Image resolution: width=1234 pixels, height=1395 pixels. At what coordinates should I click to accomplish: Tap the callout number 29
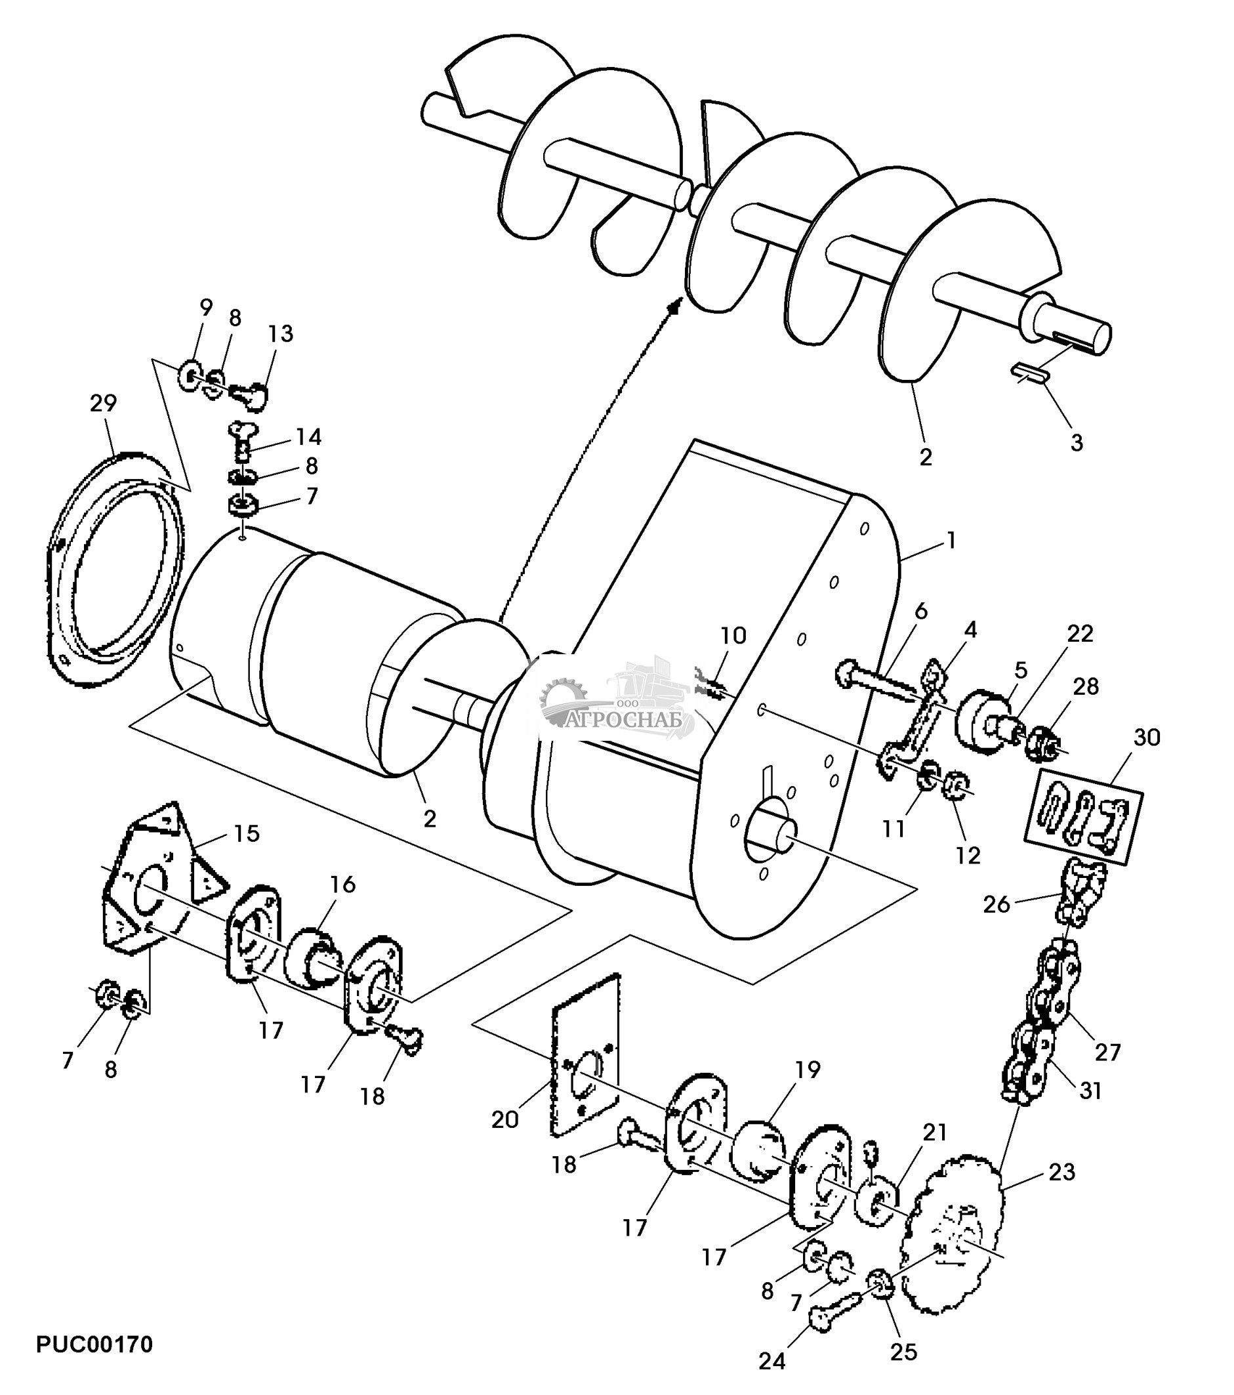tap(103, 404)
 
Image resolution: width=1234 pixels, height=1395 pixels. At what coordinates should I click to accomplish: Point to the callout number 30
tap(1147, 738)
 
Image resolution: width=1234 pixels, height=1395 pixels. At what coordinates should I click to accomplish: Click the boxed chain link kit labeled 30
tap(1083, 816)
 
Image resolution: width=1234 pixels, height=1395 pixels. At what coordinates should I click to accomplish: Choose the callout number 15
tap(247, 833)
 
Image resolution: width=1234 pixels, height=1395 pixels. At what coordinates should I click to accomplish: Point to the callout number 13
tap(281, 333)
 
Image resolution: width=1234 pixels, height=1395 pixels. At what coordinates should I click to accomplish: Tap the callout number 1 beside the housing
tap(951, 541)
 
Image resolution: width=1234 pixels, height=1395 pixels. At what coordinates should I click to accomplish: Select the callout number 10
tap(733, 635)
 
